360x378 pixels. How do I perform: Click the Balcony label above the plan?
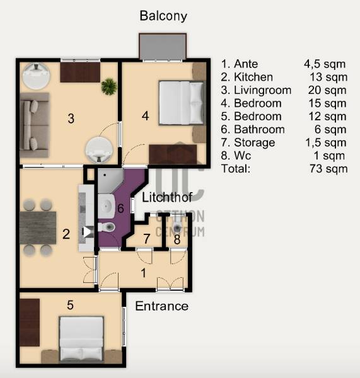[x=163, y=16]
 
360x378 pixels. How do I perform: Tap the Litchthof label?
[x=167, y=197]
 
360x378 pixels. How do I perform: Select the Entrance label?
[x=161, y=306]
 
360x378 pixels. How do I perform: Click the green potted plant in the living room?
[x=109, y=86]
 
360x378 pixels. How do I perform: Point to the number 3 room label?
[x=71, y=118]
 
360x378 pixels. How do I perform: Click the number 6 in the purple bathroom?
[x=120, y=209]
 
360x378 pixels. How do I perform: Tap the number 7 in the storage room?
[x=146, y=239]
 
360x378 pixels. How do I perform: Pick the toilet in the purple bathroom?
[x=107, y=227]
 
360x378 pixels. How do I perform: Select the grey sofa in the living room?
[x=35, y=125]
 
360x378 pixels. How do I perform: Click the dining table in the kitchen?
[x=38, y=228]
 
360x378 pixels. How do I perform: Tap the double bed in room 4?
[x=182, y=103]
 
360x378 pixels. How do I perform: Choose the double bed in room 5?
[x=82, y=338]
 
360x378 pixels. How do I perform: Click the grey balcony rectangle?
[x=163, y=47]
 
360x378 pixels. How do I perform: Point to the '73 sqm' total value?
[x=328, y=169]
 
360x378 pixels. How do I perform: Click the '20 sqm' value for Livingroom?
[x=327, y=90]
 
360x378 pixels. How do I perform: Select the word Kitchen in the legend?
[x=253, y=77]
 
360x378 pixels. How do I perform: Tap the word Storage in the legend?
[x=255, y=143]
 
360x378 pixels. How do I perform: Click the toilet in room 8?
[x=177, y=225]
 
